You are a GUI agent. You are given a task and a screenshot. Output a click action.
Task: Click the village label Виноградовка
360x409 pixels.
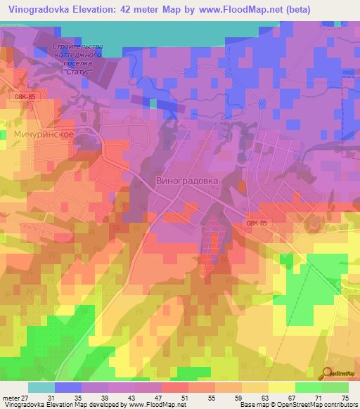click(186, 180)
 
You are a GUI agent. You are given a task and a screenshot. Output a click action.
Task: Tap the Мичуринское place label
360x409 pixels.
click(44, 133)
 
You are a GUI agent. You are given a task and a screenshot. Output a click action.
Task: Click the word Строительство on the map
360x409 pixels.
click(77, 47)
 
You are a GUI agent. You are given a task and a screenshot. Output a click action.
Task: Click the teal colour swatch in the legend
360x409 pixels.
click(41, 387)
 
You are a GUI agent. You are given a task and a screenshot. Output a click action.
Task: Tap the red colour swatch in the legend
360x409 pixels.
click(175, 387)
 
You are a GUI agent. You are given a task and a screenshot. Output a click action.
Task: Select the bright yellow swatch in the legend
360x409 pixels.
click(282, 387)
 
